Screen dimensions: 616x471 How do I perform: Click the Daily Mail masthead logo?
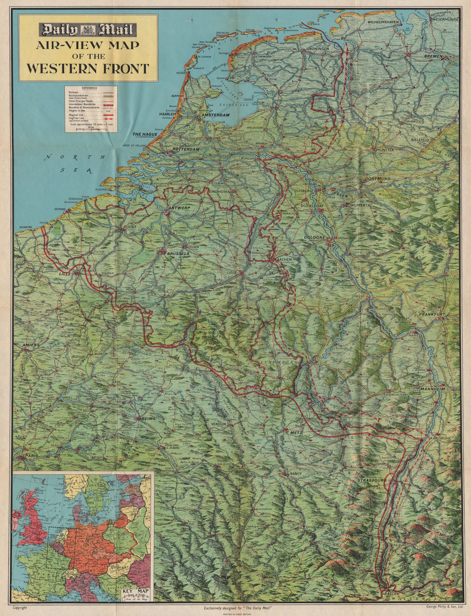pyautogui.click(x=88, y=30)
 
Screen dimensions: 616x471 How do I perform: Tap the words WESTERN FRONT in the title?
pyautogui.click(x=88, y=68)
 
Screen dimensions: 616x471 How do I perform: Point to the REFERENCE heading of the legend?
pyautogui.click(x=90, y=88)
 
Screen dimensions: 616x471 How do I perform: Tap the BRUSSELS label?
pyautogui.click(x=178, y=254)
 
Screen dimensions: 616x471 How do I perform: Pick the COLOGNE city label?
pyautogui.click(x=315, y=238)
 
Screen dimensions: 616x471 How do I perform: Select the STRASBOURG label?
pyautogui.click(x=371, y=480)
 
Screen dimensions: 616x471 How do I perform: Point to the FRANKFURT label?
pyautogui.click(x=432, y=314)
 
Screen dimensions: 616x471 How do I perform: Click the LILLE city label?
pyautogui.click(x=64, y=273)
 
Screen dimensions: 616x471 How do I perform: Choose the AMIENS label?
pyautogui.click(x=31, y=345)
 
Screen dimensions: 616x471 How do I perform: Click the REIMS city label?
pyautogui.click(x=147, y=418)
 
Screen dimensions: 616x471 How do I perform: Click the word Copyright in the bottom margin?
pyautogui.click(x=20, y=608)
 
